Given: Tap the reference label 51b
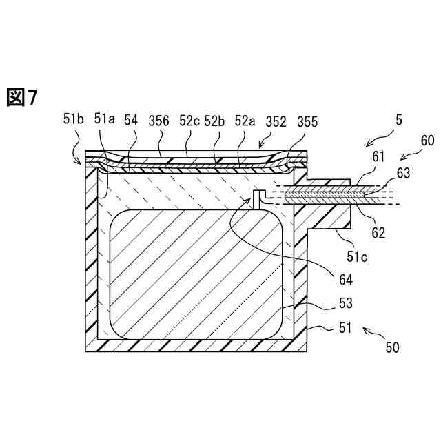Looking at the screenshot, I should pos(73,120).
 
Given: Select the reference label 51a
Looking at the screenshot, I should pos(105,120).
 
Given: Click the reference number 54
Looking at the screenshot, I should pos(131,120).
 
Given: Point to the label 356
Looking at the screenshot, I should pos(158,120).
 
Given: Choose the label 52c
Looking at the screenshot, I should pos(189,120).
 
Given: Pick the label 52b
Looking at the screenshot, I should pos(216,120).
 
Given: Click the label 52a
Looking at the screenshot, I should pos(245,120).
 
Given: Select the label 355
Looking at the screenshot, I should pos(307,121).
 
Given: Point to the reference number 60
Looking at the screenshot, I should pos(427,141).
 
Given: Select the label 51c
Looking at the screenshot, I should pos(356,257).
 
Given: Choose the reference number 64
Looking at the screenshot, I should pos(345,280).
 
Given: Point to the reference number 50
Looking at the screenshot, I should pos(391,347).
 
